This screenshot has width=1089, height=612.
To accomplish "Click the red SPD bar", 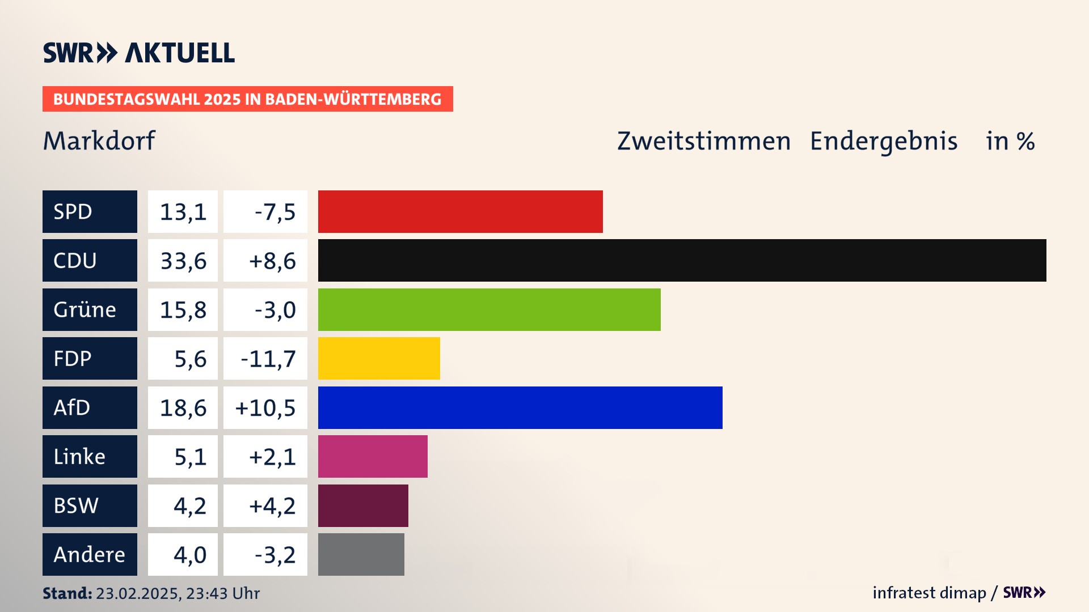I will [460, 211].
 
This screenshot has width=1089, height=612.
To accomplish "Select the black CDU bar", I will [682, 261].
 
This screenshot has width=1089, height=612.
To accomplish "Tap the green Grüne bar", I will [489, 309].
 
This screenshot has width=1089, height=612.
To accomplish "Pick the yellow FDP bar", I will [379, 359].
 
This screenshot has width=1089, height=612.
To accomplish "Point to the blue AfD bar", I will [520, 407].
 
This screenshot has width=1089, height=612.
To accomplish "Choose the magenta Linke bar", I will [373, 457].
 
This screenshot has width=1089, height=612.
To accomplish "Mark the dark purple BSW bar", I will [363, 505].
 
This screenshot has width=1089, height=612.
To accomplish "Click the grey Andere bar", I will [361, 554].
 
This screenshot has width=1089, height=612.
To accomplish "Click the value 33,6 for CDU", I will [183, 261].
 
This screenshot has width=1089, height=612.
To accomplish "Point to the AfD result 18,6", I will [183, 407].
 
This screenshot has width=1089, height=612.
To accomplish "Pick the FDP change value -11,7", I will [268, 359].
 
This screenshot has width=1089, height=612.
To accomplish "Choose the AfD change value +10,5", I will [265, 407].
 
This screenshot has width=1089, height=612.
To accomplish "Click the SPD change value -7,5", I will [275, 211].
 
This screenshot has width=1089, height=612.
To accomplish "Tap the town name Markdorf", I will [99, 141].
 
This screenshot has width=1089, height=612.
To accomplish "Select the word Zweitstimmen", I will [704, 141].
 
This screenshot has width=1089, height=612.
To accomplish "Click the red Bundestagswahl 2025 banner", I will [247, 99].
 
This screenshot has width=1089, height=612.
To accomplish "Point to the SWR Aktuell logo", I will [139, 53].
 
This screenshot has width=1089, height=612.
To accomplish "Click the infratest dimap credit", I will [929, 593].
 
